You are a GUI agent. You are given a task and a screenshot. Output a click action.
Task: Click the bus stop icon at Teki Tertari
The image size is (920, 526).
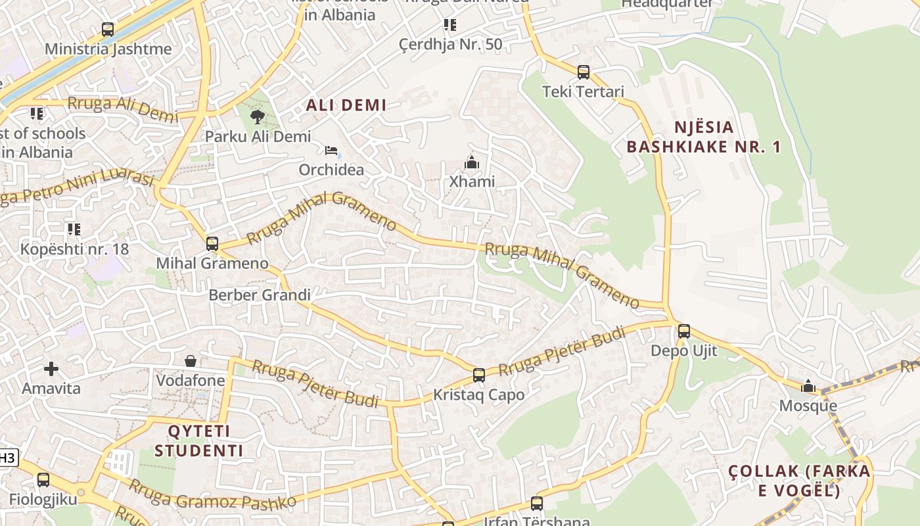point(584,72)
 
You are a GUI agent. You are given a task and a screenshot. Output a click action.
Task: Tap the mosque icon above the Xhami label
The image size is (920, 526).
point(471,162)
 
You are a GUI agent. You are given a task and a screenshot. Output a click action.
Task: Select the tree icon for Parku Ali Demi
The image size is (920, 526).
point(258,117)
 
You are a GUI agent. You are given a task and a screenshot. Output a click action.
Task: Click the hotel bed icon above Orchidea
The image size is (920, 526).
point(332,151)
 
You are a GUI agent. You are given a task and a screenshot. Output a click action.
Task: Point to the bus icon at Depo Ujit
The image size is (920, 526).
point(684,331)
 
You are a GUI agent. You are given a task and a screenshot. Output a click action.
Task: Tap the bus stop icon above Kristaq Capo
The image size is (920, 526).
point(479,375)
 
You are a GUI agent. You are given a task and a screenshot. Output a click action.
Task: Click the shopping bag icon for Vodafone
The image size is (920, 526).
point(191,361)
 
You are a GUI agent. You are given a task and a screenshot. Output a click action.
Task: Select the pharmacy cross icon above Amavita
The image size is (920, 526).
point(51,369)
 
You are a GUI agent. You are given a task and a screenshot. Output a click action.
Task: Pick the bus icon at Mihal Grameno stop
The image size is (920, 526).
point(212,244)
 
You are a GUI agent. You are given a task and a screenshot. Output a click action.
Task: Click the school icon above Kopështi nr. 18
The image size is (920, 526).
point(74,229)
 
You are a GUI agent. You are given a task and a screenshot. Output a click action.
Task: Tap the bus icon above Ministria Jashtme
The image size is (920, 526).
point(108,30)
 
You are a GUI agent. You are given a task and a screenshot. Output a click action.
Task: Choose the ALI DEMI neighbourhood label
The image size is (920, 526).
point(346,105)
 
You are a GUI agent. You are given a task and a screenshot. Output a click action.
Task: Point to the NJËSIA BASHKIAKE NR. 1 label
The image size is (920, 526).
point(704,137)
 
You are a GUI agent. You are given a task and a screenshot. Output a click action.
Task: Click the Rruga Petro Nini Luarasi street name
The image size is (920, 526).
point(79,189)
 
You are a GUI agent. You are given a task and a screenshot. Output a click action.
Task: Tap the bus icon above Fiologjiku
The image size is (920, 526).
point(43,480)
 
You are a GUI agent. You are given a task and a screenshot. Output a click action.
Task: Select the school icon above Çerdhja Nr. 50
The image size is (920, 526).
point(450,25)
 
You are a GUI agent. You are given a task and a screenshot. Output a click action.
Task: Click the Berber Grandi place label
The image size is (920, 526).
point(259,295)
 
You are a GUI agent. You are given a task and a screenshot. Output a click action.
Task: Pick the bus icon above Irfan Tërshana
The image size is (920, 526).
point(537,504)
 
